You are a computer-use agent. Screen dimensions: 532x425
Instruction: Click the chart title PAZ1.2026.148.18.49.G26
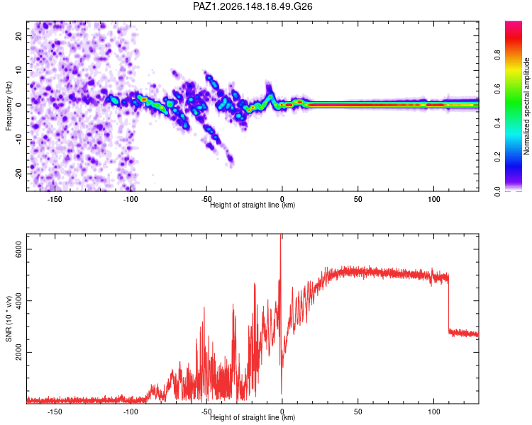(x=253, y=6)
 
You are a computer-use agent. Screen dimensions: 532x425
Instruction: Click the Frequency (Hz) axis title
(x=9, y=106)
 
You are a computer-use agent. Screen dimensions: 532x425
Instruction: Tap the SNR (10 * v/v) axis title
(x=9, y=319)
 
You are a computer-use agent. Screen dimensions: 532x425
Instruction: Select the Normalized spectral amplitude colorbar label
(x=526, y=106)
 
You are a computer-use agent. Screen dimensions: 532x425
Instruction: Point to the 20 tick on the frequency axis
(x=18, y=36)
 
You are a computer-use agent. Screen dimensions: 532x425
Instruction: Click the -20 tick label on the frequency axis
(x=18, y=174)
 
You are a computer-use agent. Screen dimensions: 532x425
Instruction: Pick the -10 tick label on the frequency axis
(x=18, y=140)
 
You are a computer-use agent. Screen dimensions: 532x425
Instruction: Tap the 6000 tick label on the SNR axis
(x=18, y=249)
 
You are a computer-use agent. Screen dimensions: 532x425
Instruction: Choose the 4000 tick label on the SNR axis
(x=18, y=301)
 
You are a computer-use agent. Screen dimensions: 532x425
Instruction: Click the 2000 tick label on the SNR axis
(x=18, y=353)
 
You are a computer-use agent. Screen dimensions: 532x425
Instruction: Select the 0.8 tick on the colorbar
(x=497, y=55)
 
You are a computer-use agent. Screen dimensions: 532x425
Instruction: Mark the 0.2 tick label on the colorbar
(x=497, y=157)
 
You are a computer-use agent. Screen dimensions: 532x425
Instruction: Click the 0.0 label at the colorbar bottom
(x=497, y=191)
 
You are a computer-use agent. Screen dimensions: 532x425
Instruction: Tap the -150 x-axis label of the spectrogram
(x=55, y=199)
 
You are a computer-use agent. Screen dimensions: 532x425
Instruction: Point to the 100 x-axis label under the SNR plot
(x=433, y=412)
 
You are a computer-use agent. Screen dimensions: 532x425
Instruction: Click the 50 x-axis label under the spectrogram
(x=358, y=199)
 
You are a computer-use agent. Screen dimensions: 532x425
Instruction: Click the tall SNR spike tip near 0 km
(x=281, y=234)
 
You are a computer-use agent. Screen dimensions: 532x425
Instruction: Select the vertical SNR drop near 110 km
(x=448, y=303)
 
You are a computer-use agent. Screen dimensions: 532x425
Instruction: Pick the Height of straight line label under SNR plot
(x=253, y=417)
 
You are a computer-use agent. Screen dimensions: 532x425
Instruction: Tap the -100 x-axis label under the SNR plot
(x=131, y=412)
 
